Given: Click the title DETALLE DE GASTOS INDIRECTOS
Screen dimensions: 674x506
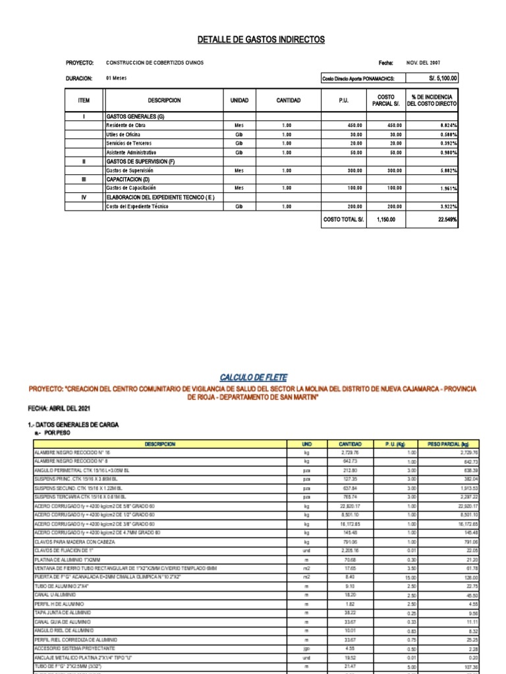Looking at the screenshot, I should [x=261, y=40].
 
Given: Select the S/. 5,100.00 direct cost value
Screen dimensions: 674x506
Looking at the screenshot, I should [x=442, y=78].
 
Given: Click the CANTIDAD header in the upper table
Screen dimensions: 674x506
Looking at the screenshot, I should [x=288, y=101].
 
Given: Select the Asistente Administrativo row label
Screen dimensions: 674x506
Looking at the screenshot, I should [x=131, y=152].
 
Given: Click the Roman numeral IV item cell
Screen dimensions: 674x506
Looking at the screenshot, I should [x=84, y=197].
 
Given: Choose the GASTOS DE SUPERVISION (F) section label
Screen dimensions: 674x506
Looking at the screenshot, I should [x=140, y=161].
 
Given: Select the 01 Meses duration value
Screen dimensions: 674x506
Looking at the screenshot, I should [x=116, y=78].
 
